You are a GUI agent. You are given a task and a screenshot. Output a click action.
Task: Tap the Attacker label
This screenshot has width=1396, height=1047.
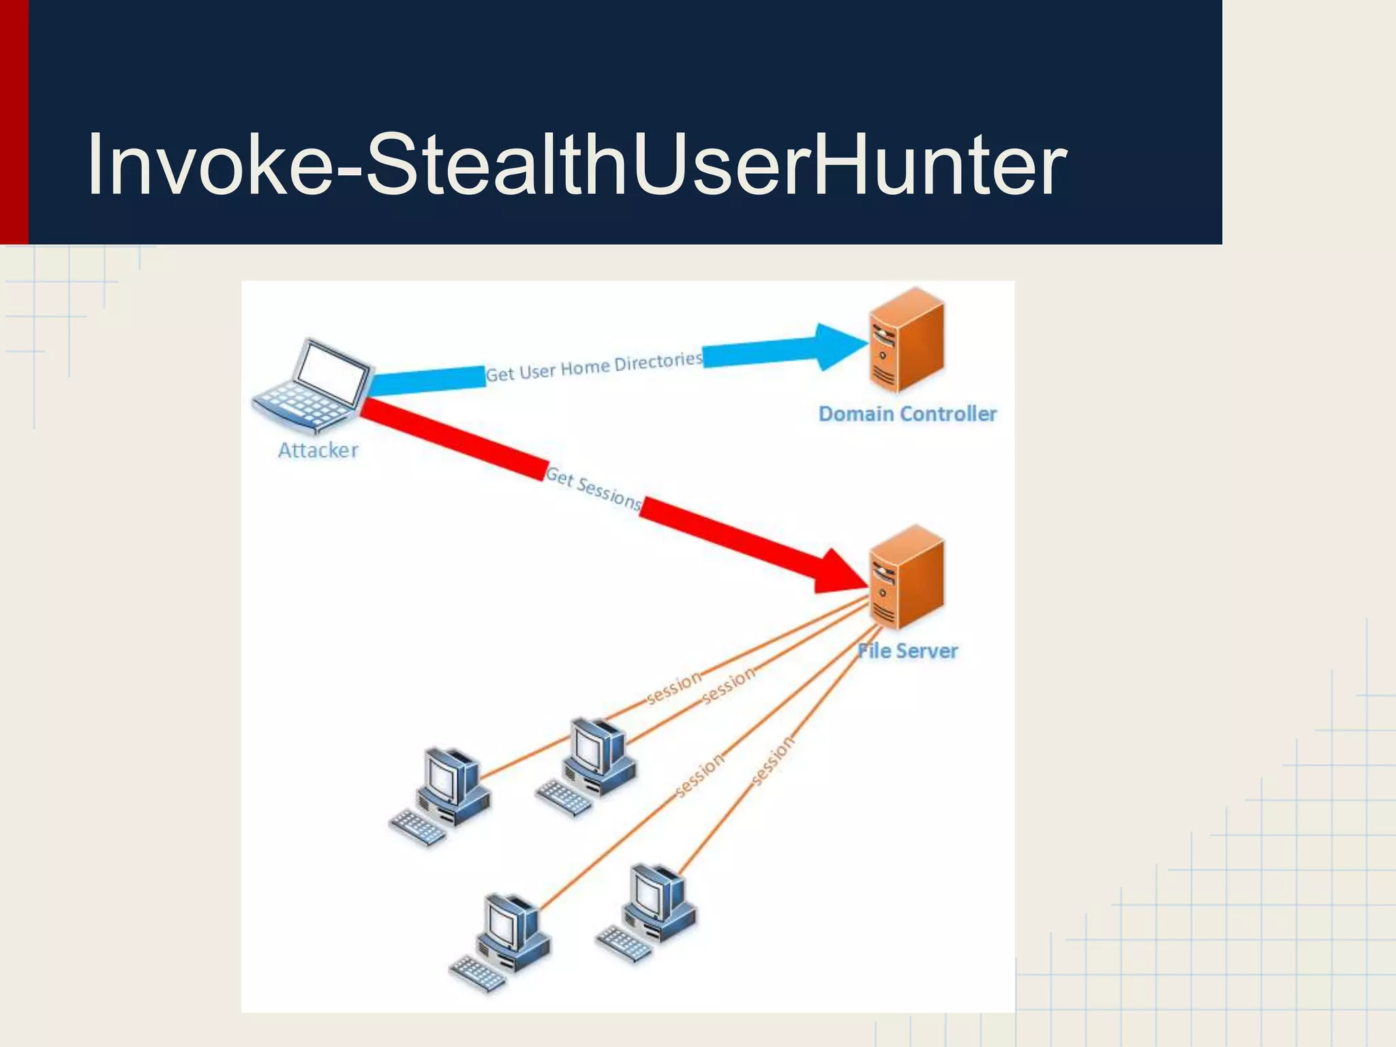pos(318,450)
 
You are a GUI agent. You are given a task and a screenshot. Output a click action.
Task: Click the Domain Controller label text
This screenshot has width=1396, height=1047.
pos(907,414)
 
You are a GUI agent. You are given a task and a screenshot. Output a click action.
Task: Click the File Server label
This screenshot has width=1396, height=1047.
pos(907,651)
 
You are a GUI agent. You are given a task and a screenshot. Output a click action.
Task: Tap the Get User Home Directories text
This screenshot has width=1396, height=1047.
pos(593,368)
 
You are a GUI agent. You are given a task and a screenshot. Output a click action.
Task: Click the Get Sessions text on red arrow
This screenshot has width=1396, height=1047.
pos(593,488)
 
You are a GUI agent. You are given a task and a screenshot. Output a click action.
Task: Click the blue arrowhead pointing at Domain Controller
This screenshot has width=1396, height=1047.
pos(839,347)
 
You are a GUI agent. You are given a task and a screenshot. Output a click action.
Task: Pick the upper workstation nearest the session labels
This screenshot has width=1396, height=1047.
pos(590,763)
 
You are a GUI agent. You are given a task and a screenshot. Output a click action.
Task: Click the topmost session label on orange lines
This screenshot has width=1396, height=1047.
pos(673,687)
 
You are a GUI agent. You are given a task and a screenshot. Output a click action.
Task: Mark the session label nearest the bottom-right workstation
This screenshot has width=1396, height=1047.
pos(772,761)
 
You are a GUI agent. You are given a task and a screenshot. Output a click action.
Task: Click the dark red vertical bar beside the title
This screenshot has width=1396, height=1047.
pos(14,123)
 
